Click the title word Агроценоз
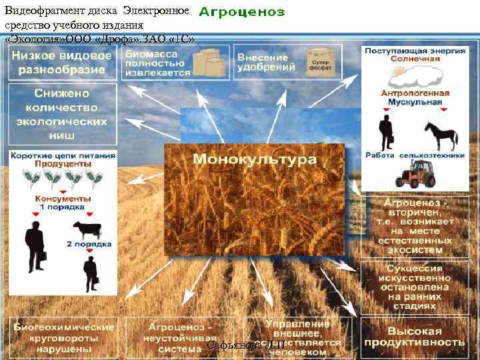pos(242,12)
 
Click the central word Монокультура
pos(255,160)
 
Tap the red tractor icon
pos(415,174)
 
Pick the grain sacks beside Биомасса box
pos(209,63)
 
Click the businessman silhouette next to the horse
pos(385,132)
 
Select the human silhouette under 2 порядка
pos(89,273)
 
